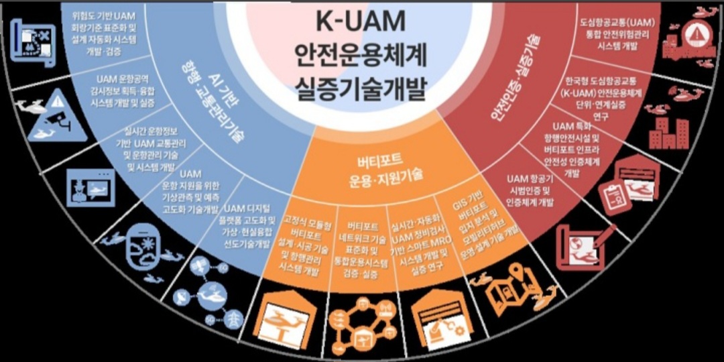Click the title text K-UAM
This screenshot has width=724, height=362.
361,21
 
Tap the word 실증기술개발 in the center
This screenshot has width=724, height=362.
361,88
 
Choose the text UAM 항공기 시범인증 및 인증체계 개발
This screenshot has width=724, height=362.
530,190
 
